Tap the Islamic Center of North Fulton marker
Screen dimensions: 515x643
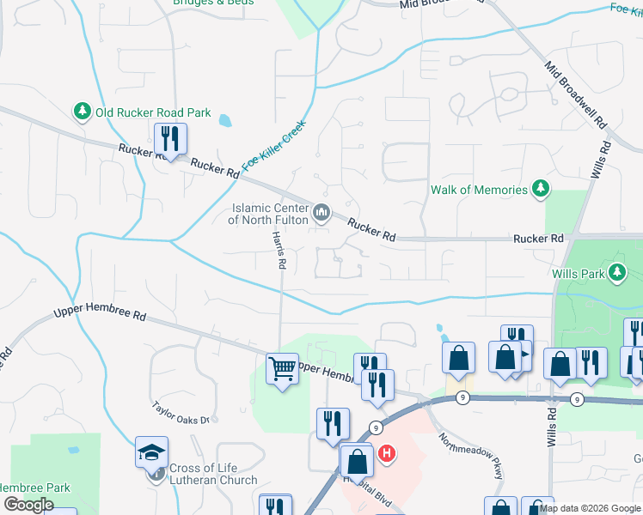click(x=321, y=211)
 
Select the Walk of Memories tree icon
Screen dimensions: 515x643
click(x=541, y=189)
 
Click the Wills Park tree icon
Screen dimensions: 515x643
click(x=615, y=273)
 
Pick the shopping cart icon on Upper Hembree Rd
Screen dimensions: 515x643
click(x=282, y=370)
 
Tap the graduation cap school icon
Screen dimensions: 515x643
click(x=151, y=451)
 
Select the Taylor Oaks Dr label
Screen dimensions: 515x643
click(x=181, y=414)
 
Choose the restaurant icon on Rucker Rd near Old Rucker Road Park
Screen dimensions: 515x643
click(x=169, y=138)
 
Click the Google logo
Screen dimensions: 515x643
click(x=28, y=505)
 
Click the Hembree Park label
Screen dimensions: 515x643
click(x=34, y=488)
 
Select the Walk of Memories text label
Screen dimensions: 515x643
click(x=479, y=190)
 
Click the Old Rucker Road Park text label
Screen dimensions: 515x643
click(x=153, y=112)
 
